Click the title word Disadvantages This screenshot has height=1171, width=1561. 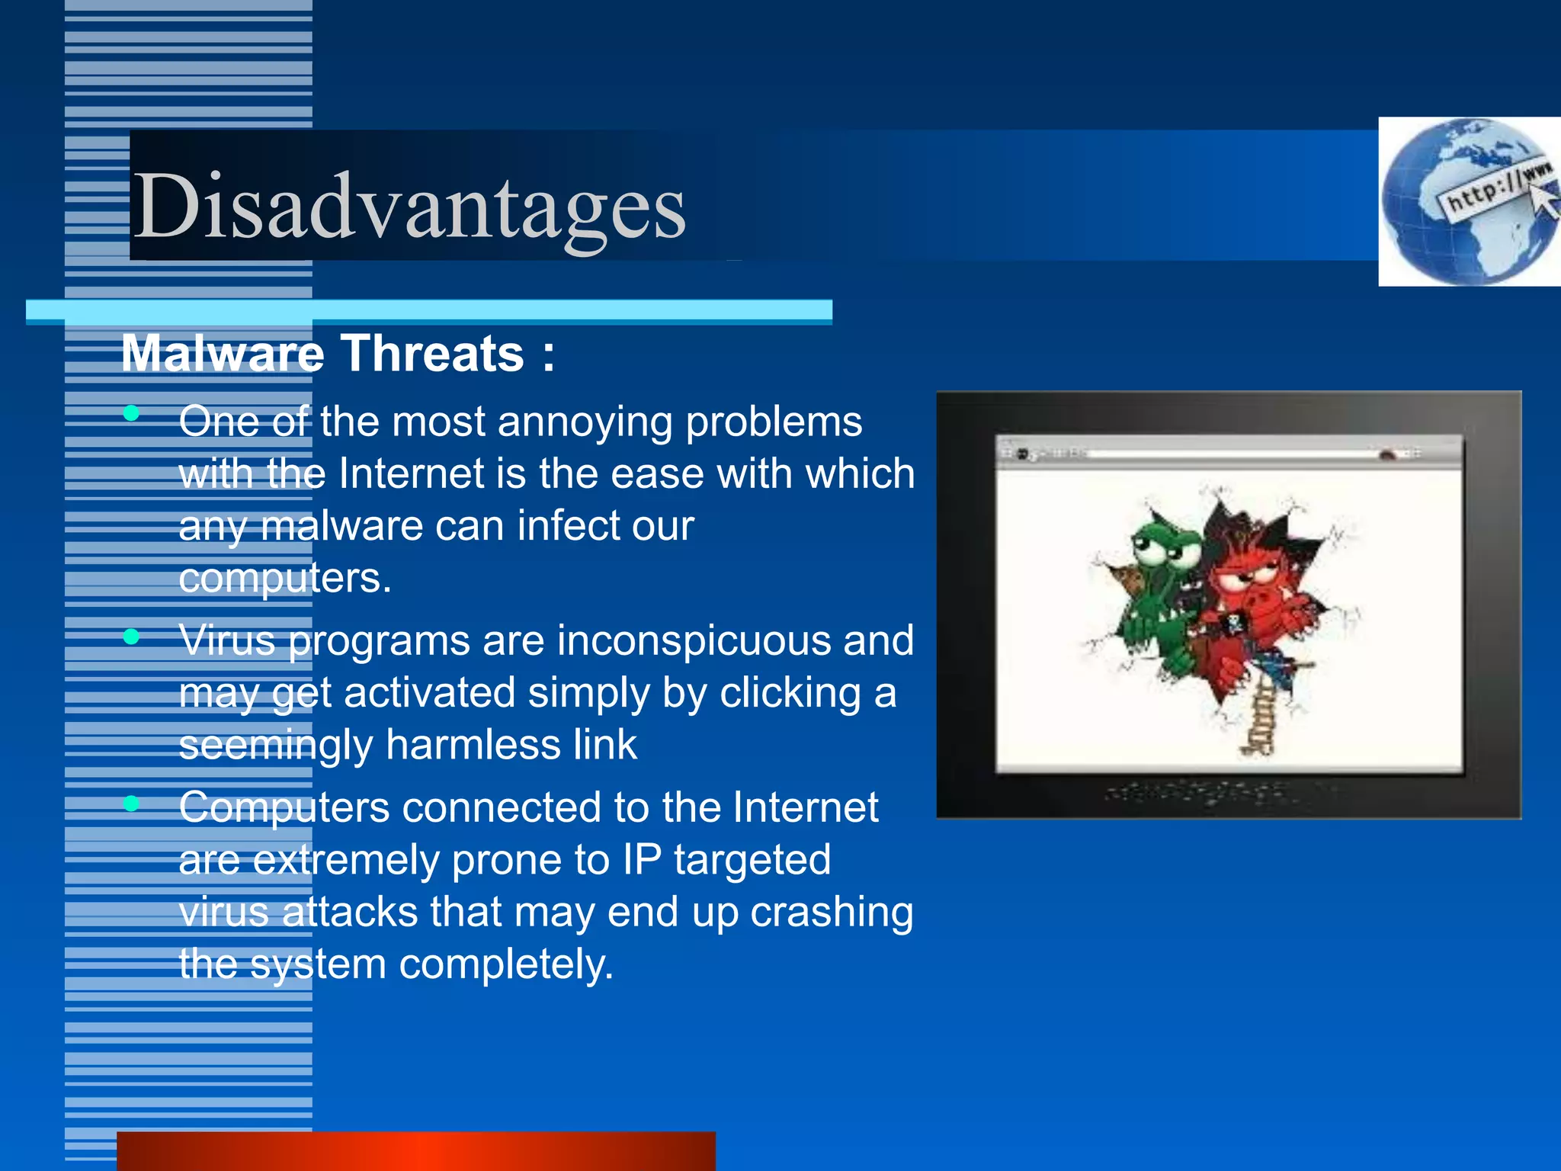[410, 206]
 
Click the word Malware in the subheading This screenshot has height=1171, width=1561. [223, 354]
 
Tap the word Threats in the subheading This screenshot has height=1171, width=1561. [432, 354]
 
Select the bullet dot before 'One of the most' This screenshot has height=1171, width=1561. [132, 413]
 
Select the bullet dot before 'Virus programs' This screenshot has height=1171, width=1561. [132, 636]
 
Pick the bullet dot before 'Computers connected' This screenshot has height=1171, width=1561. [132, 803]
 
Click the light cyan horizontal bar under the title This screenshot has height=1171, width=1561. [428, 310]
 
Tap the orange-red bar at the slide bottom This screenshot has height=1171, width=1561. [415, 1151]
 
